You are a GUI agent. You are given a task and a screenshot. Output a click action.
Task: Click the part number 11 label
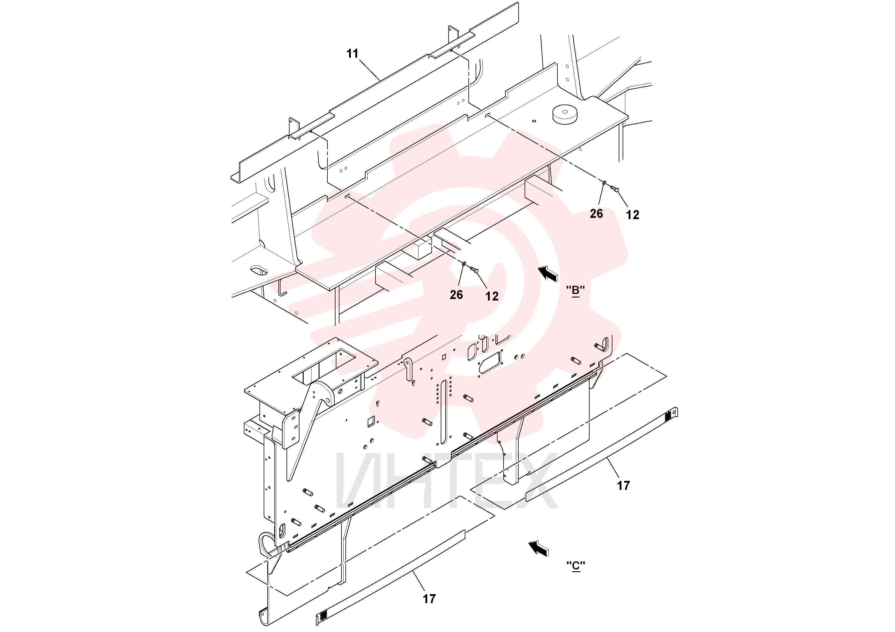point(352,54)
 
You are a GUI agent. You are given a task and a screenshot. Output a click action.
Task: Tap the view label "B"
point(576,290)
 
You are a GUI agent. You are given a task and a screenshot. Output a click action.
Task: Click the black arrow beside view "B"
point(548,273)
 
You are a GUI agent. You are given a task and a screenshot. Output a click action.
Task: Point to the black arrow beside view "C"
point(538,548)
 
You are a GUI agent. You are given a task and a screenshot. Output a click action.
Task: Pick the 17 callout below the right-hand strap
point(623,485)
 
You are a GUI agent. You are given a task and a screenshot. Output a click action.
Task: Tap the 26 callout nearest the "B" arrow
point(456,295)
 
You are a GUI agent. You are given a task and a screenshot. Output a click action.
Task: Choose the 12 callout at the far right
point(633,215)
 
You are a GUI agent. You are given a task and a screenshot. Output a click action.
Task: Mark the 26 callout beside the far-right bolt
point(596,214)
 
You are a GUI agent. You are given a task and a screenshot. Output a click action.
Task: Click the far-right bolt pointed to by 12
point(614,189)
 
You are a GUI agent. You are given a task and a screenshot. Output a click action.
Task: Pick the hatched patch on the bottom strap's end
point(322,616)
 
